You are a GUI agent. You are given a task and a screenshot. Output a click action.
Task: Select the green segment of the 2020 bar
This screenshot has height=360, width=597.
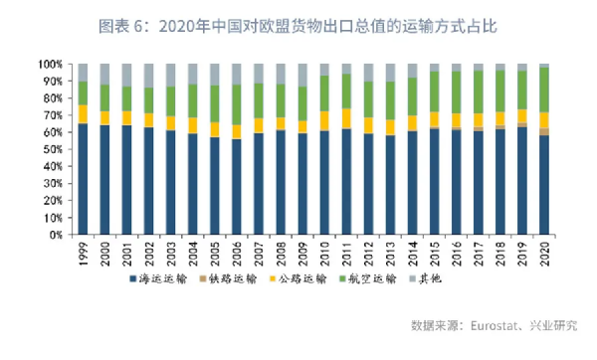point(544,90)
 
